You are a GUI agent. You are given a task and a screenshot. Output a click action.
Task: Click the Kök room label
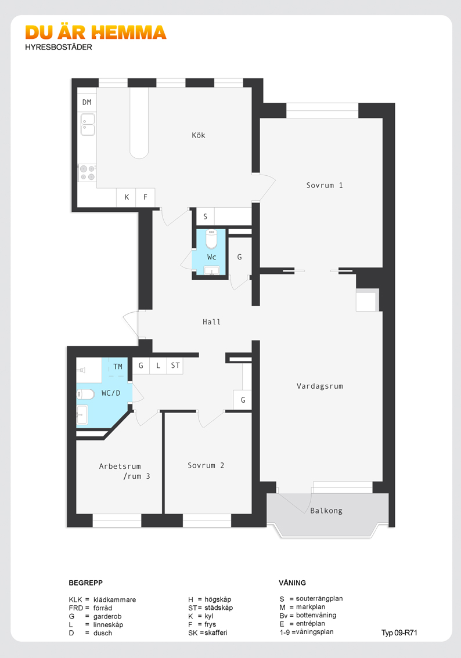(x=198, y=135)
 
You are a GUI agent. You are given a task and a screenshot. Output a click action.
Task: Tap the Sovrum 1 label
(x=325, y=185)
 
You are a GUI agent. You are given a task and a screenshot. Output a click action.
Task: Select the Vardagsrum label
(x=319, y=386)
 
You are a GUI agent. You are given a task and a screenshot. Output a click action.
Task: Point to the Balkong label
(x=326, y=511)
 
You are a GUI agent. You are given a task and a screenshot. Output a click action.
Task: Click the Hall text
(x=211, y=322)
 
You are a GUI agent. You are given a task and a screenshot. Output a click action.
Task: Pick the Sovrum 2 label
(x=206, y=465)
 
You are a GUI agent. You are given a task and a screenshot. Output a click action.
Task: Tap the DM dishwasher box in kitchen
(x=87, y=102)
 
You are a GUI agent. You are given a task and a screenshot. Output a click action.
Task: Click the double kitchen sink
(x=88, y=125)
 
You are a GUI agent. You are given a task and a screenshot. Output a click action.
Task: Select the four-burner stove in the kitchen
(x=87, y=173)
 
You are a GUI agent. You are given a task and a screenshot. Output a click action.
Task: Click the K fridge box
(x=127, y=197)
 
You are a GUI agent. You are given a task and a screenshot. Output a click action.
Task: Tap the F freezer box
(x=145, y=197)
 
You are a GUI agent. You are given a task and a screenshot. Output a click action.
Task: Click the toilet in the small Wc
(x=211, y=239)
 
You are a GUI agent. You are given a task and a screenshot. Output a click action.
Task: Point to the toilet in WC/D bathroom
(x=85, y=395)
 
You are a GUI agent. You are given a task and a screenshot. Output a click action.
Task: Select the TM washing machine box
(x=117, y=367)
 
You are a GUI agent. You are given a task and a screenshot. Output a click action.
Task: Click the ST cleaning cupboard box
(x=175, y=366)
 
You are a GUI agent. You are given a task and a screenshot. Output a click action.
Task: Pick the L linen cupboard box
(x=158, y=366)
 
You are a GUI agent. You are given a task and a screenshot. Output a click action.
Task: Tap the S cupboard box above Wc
(x=206, y=216)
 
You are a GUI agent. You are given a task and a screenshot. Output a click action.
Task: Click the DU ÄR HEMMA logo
(x=96, y=32)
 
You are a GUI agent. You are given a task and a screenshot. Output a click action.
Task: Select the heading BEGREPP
(x=86, y=583)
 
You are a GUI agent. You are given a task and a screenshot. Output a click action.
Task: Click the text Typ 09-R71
(x=399, y=633)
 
